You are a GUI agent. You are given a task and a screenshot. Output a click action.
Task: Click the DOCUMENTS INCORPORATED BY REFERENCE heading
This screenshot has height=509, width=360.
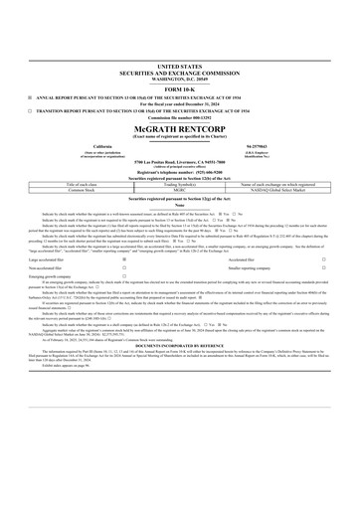[179, 345]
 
